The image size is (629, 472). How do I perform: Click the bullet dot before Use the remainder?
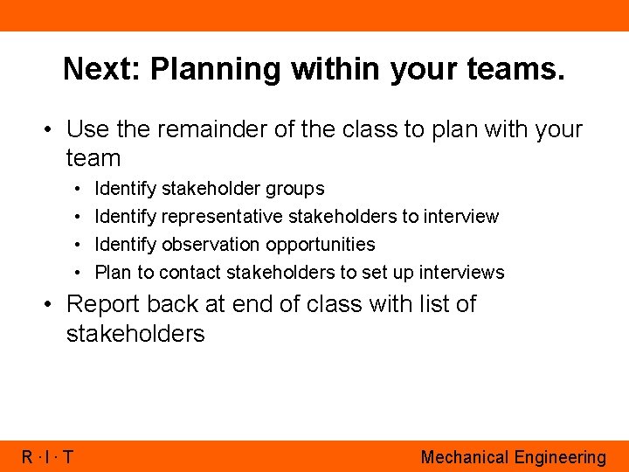(x=52, y=129)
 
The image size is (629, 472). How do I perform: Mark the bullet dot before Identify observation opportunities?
(x=79, y=245)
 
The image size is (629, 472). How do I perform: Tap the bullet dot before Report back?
(x=52, y=304)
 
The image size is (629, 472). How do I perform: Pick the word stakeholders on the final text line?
(x=135, y=334)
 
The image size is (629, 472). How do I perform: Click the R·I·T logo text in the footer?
(x=47, y=456)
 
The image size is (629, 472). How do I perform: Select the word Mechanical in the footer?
(x=464, y=457)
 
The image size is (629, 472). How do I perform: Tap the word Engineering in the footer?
(x=560, y=457)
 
